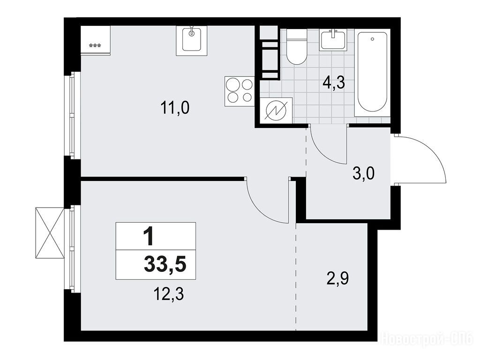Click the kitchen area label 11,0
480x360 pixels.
pyautogui.click(x=175, y=108)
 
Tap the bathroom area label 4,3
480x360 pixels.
pyautogui.click(x=334, y=82)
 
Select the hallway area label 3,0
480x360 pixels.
pyautogui.click(x=363, y=175)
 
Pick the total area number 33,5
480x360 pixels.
pyautogui.click(x=165, y=264)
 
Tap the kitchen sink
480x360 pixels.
pyautogui.click(x=192, y=41)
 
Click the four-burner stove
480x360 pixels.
pyautogui.click(x=240, y=91)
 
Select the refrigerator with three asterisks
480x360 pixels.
pyautogui.click(x=95, y=40)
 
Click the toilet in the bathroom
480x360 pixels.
pyautogui.click(x=296, y=47)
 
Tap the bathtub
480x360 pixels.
pyautogui.click(x=372, y=73)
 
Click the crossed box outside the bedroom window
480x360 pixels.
pyautogui.click(x=50, y=233)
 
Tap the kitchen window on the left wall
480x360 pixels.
pyautogui.click(x=72, y=115)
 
